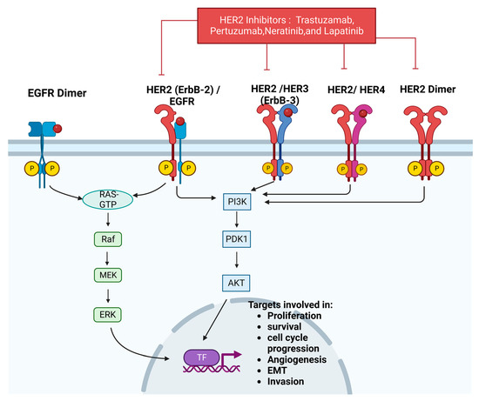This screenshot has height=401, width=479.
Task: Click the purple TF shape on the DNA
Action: point(202,356)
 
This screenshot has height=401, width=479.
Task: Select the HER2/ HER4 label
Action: point(353,90)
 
